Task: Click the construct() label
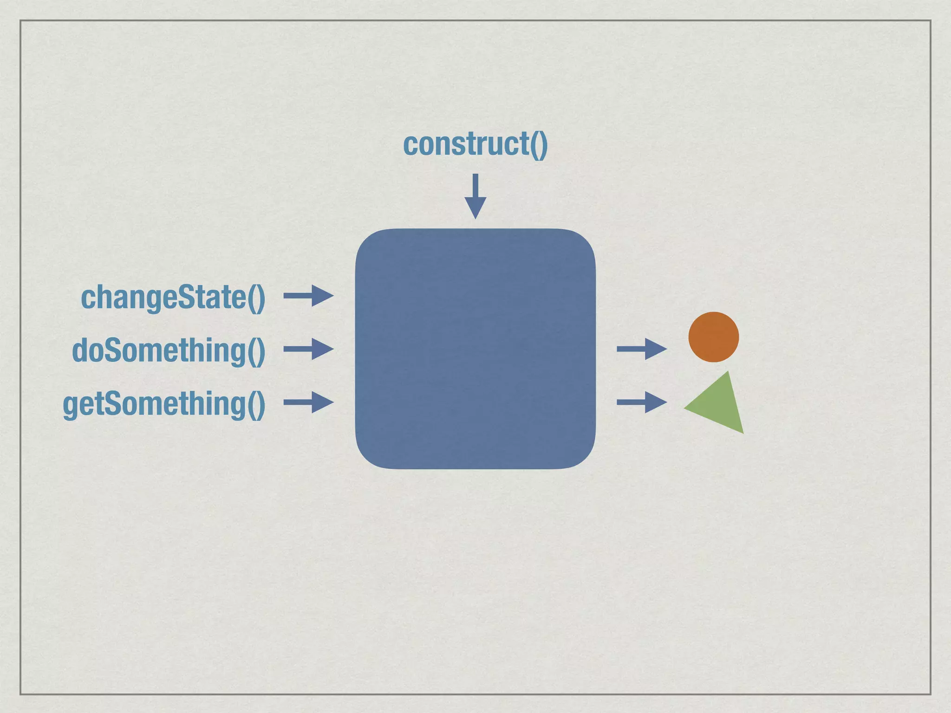tap(475, 144)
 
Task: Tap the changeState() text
tap(173, 298)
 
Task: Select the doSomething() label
tap(169, 350)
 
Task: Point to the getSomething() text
tap(164, 404)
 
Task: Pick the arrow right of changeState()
tap(308, 296)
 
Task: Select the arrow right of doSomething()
tap(308, 349)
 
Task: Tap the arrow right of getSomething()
tap(308, 402)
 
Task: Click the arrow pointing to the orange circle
tap(641, 349)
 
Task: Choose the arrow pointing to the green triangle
tap(641, 402)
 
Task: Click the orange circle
tap(713, 337)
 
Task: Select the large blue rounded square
tap(475, 349)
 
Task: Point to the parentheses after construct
tap(539, 144)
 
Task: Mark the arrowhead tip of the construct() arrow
tap(475, 217)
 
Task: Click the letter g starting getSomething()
tap(70, 405)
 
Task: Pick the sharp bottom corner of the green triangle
tap(743, 433)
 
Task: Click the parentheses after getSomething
tap(256, 404)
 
